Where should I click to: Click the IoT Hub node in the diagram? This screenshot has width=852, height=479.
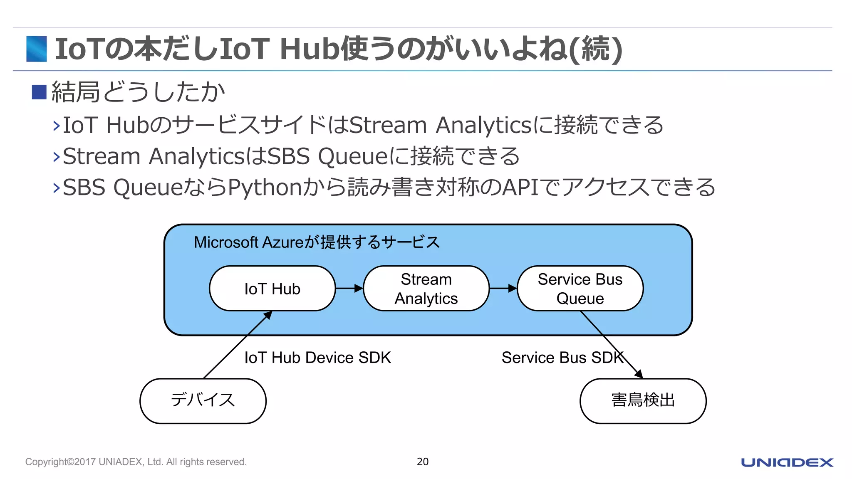coord(272,289)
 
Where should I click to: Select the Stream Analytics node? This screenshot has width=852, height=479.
coord(426,289)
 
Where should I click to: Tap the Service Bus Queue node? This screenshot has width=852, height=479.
coord(580,289)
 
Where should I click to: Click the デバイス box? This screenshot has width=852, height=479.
coord(203,400)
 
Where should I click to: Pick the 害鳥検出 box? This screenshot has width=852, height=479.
coord(643,400)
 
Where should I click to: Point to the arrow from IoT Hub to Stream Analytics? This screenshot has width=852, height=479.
coord(349,288)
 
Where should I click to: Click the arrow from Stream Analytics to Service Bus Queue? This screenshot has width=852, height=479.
coord(503,288)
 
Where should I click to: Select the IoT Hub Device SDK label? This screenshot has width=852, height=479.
coord(317,358)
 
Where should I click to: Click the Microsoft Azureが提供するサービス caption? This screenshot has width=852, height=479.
coord(317,242)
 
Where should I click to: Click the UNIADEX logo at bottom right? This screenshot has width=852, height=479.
coord(787,462)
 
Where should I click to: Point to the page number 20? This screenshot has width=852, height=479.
coord(423,462)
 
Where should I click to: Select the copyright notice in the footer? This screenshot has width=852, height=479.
coord(136,462)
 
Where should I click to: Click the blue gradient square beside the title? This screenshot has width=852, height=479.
coord(37,49)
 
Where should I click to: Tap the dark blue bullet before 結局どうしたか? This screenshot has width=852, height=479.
coord(39,92)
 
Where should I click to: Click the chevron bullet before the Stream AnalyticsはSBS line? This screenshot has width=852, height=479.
coord(57,157)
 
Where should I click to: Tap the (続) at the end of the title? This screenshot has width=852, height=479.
coord(596,49)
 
